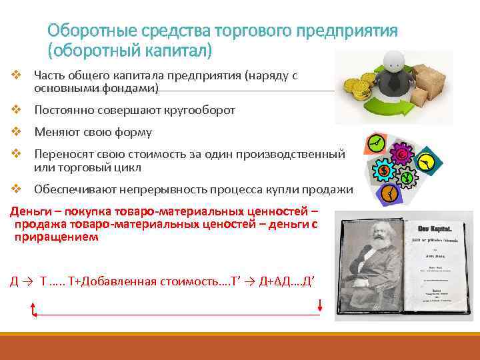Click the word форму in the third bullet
(135, 132)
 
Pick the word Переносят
(61, 154)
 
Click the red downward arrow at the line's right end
(321, 305)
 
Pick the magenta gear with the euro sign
(402, 155)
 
